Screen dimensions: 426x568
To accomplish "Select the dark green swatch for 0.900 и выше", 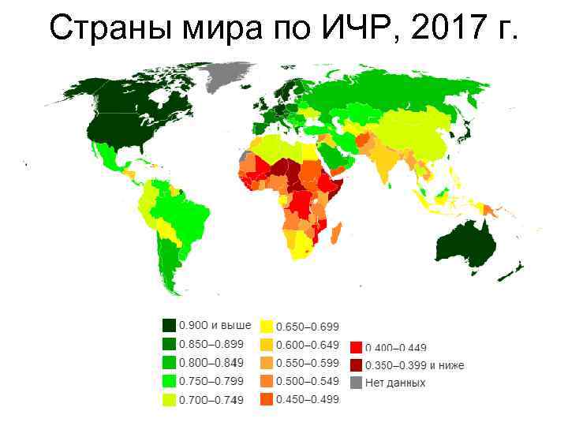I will coord(169,326).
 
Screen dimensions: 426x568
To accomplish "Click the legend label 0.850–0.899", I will coord(211,345).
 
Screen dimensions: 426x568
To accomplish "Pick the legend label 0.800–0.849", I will coord(211,363).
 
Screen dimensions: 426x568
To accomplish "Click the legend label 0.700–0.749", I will coord(211,400).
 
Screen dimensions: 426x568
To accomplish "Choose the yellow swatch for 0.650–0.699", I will coord(267,326).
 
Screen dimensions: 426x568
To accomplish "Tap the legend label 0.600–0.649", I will coord(307,345).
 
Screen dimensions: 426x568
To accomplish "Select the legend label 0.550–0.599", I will coord(307,363).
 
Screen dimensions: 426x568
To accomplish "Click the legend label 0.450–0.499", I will coord(307,400).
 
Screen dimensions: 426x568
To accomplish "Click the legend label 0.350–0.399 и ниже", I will coord(413,365).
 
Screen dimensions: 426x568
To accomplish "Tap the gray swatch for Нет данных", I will coord(357,383).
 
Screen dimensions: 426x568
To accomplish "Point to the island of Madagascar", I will coord(334,234).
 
